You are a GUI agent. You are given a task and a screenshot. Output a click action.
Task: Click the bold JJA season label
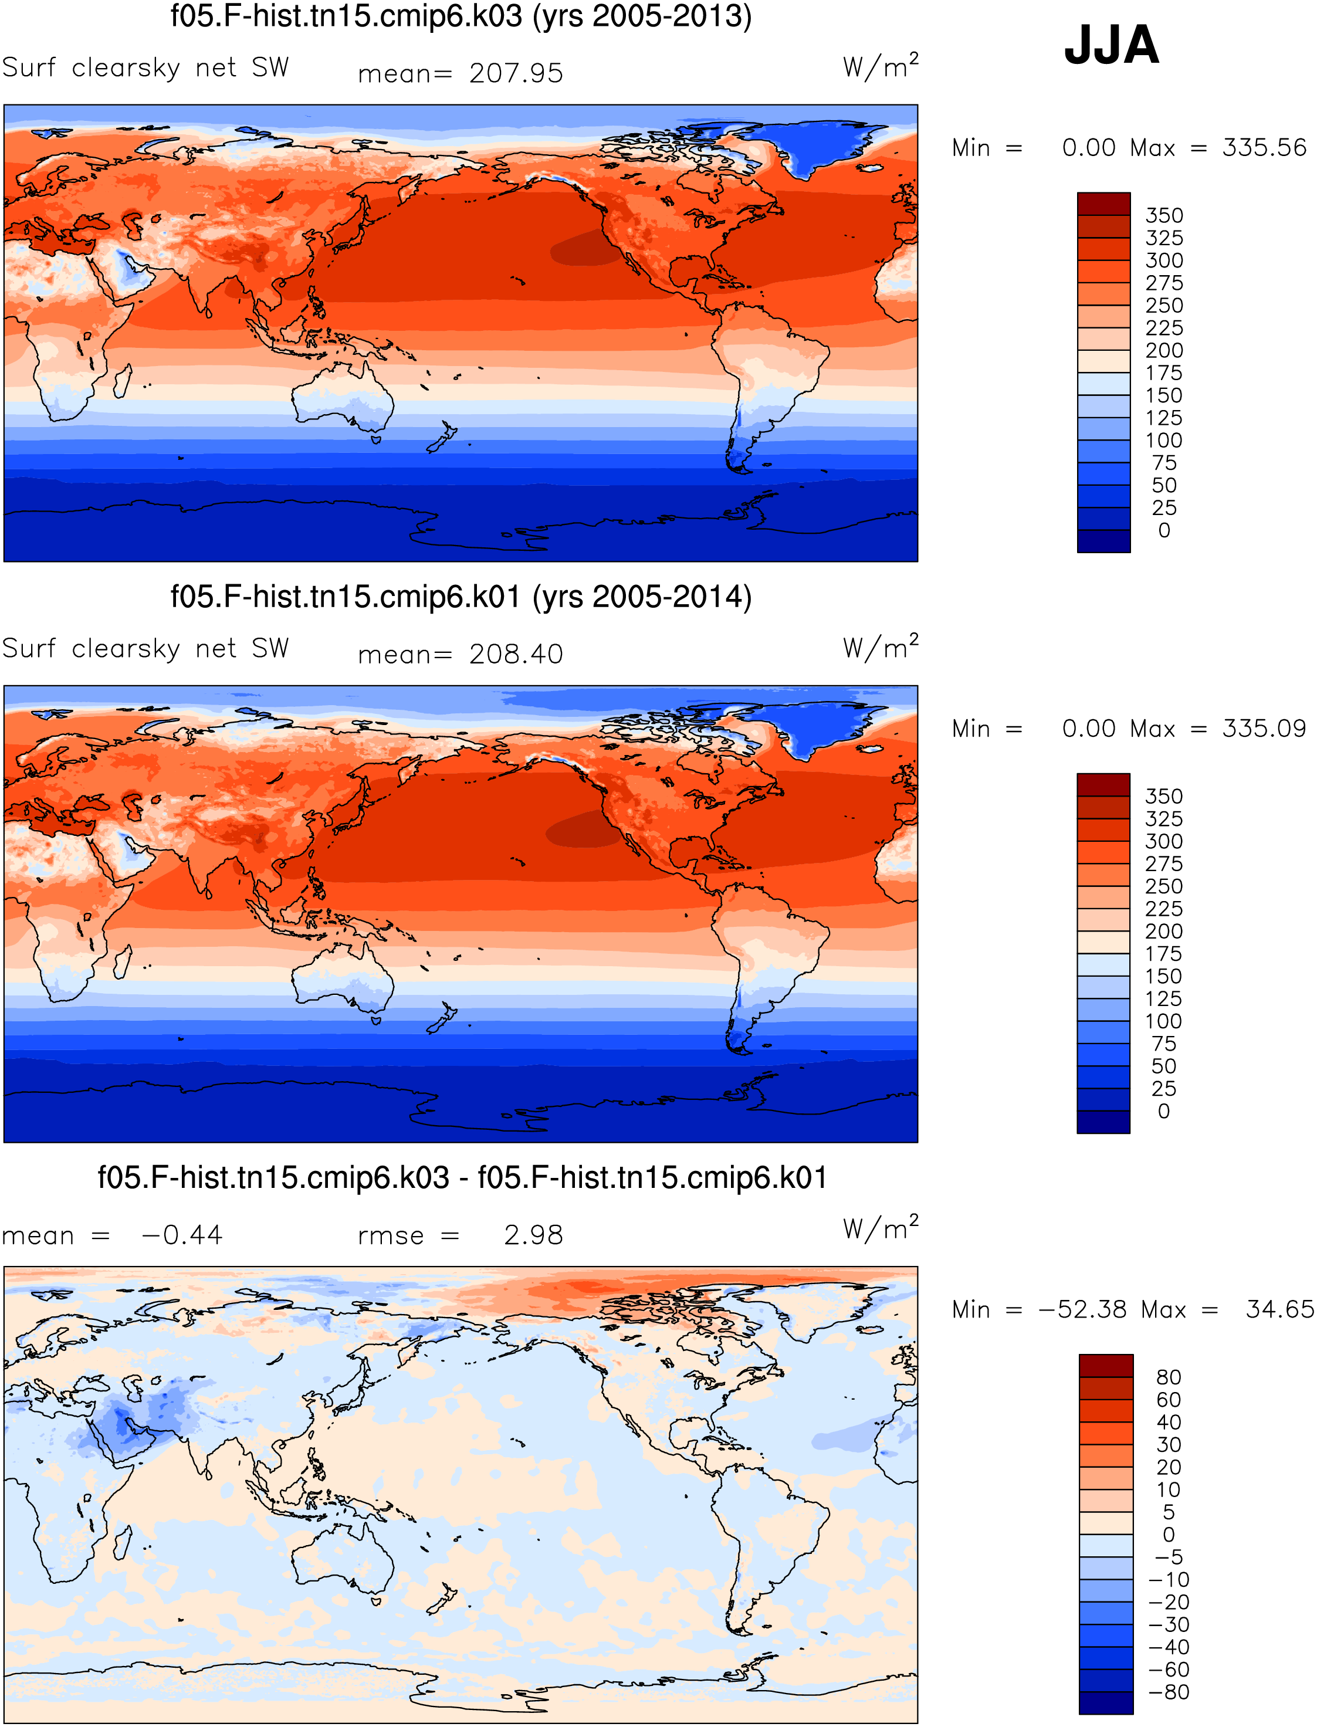(x=1111, y=46)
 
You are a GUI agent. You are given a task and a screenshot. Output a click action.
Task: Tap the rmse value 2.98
(x=533, y=1235)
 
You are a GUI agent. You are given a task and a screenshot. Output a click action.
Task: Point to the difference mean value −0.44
(x=182, y=1235)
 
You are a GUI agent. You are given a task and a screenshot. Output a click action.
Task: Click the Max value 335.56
(x=1264, y=147)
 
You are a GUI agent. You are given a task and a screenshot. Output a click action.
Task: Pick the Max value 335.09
(x=1264, y=728)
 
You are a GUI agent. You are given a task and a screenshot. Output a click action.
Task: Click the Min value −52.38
(x=1082, y=1309)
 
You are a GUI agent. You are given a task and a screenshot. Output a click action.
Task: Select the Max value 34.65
(x=1279, y=1309)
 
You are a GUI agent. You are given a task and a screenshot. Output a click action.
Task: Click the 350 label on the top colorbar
(x=1164, y=215)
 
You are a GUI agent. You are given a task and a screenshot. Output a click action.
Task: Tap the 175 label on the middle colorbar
(x=1164, y=954)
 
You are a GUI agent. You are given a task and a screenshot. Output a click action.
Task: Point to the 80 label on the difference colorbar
(x=1169, y=1377)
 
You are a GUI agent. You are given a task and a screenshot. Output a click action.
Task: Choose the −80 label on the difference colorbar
(x=1169, y=1692)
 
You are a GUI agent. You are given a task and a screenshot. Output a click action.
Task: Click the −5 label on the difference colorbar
(x=1169, y=1557)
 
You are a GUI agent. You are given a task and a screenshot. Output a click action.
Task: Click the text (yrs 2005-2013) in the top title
(x=642, y=16)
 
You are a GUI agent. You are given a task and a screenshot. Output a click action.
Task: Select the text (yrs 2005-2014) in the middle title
(x=642, y=597)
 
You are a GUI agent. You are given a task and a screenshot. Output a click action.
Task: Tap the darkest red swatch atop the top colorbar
(x=1104, y=204)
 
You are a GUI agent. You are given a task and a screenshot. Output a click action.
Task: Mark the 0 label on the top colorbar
(x=1164, y=531)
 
